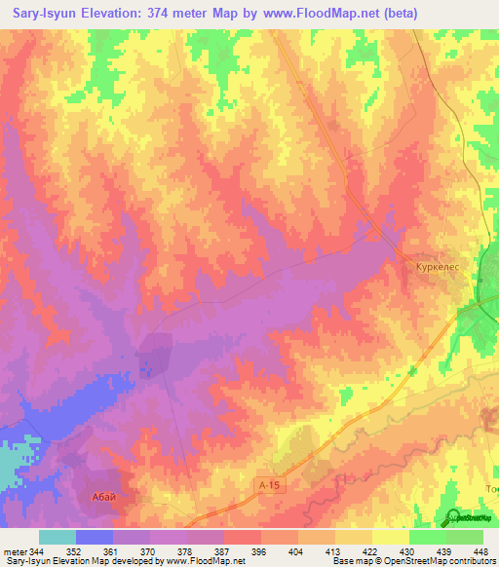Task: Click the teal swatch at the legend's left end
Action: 57,537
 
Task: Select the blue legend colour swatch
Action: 94,537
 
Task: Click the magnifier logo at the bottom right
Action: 454,516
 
